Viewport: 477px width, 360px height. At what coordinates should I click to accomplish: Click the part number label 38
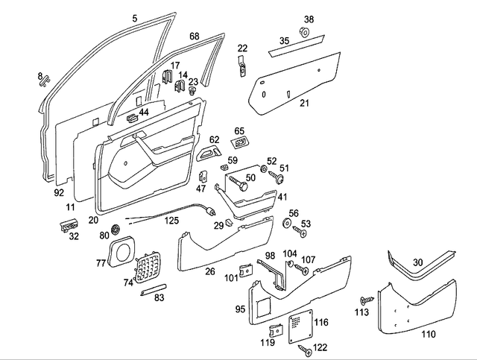pos(309,19)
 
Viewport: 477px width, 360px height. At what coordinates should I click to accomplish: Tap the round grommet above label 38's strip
pos(306,32)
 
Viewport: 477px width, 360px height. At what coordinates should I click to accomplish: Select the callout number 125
pos(171,221)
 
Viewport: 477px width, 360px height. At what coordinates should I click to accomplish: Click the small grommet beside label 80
pos(116,227)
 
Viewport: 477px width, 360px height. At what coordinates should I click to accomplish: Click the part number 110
pos(428,335)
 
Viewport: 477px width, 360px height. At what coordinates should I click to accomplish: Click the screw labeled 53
pos(302,233)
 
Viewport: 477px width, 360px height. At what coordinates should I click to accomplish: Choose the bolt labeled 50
pos(238,179)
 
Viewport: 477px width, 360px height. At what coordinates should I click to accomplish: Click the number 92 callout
pos(59,192)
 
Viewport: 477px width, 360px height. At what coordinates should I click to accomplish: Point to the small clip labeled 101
pos(244,271)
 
